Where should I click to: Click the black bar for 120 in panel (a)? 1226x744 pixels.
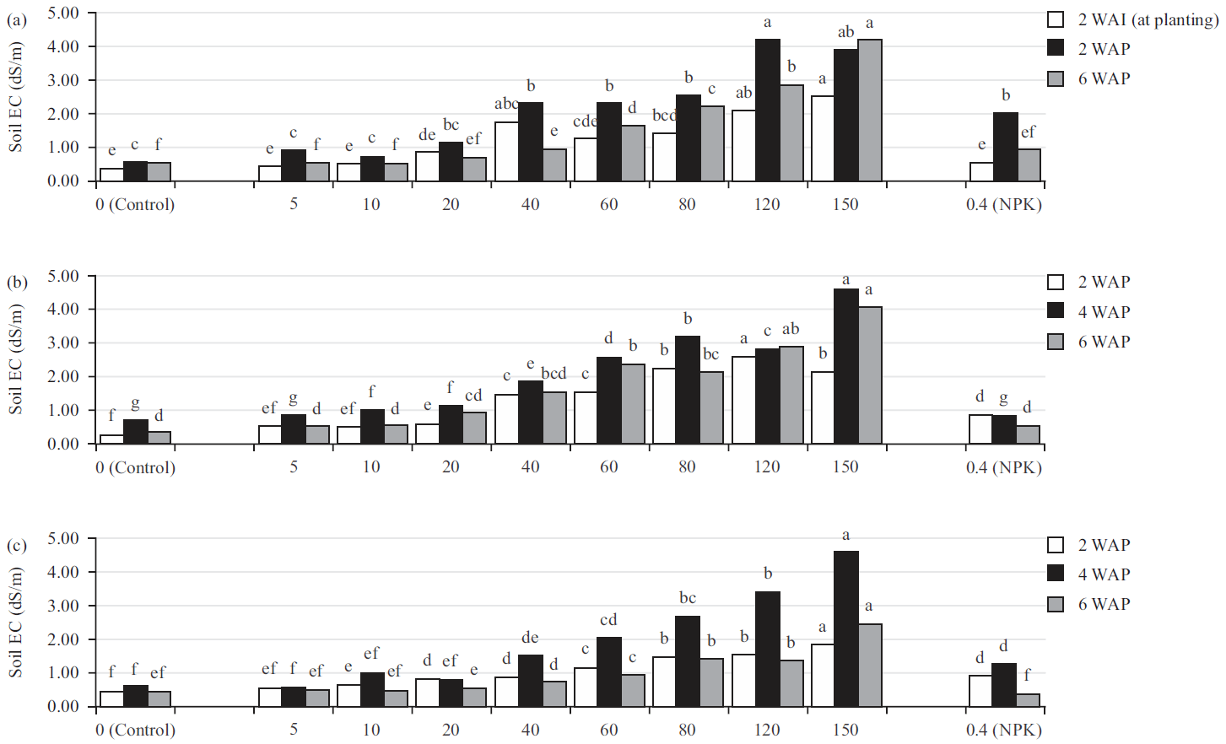(767, 110)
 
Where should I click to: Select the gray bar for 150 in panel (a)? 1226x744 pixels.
(869, 110)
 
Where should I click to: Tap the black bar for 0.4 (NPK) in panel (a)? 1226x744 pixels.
(1005, 147)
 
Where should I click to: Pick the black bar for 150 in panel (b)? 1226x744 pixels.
(846, 366)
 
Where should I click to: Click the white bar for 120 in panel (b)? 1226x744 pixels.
(743, 400)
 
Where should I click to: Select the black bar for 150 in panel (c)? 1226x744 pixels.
(846, 628)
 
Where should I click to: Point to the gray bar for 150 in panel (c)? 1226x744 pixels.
(869, 665)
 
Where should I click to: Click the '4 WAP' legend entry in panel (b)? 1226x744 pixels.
(1104, 311)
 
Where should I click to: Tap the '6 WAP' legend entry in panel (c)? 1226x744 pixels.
(1104, 604)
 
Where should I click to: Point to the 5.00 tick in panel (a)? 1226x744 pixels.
(63, 13)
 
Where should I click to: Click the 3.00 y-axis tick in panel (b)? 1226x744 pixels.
(63, 343)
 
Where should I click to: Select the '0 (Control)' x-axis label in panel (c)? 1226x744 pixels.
(135, 730)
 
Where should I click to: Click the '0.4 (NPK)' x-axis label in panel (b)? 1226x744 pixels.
(1004, 466)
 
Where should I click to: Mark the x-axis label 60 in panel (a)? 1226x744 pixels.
(609, 204)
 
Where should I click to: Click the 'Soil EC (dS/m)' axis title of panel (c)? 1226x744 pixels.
(15, 623)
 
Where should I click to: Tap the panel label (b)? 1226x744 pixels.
(17, 283)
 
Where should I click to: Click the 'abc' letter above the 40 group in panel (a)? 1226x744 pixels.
(506, 104)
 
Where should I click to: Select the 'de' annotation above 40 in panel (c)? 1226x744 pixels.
(530, 638)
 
